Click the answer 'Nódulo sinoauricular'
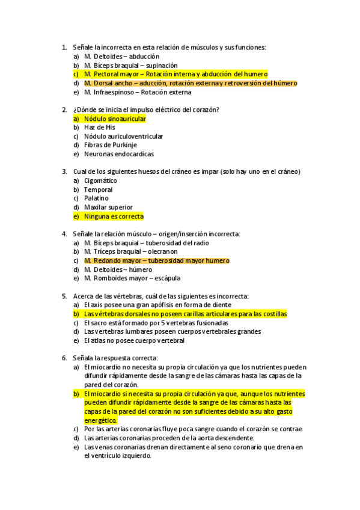115,119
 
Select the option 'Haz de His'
100,127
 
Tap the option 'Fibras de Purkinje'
111,145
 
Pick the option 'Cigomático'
100,180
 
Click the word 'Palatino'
96,198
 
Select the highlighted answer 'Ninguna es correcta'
114,216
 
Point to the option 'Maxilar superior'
108,207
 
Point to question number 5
64,296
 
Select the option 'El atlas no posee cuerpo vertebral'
134,340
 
